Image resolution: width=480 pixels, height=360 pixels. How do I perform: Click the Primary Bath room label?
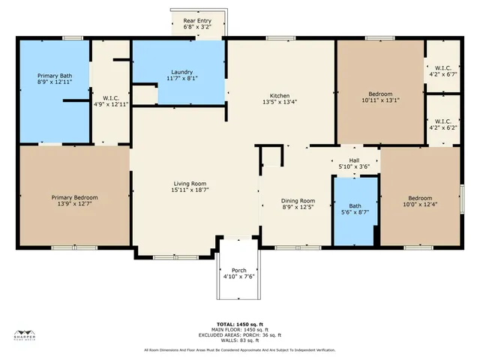click(x=55, y=76)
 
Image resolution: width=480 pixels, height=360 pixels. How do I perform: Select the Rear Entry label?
click(x=198, y=20)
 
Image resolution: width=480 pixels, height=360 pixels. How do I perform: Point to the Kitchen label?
click(x=280, y=95)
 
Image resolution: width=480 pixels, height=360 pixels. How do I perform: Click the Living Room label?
click(x=190, y=184)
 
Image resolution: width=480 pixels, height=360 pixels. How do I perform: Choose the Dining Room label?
click(x=298, y=200)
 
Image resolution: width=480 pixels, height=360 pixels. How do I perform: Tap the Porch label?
click(x=239, y=270)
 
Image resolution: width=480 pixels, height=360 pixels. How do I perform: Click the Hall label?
click(x=355, y=160)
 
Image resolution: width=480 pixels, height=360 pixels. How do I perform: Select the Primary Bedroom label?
click(x=74, y=197)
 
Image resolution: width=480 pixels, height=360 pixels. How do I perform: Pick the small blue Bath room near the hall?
click(x=355, y=209)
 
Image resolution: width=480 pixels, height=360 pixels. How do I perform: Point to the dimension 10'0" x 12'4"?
click(x=418, y=202)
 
